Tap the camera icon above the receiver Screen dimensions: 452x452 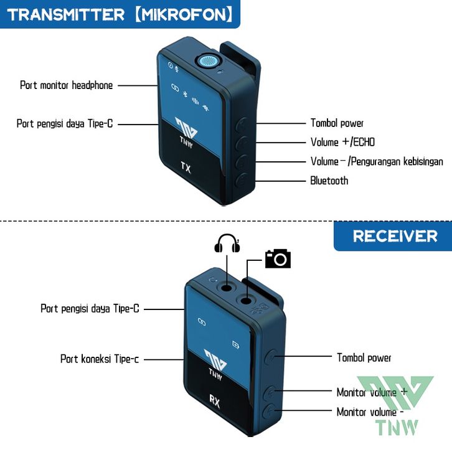(278, 257)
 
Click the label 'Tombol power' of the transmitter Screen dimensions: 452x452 (337, 123)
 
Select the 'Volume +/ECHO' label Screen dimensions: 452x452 (342, 143)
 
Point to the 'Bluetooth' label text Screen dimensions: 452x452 (329, 181)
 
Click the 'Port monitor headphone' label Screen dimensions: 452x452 (67, 85)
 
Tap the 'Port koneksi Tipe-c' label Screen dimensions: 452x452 (100, 359)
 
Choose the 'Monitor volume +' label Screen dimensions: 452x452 (372, 392)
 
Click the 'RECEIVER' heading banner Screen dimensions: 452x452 (395, 236)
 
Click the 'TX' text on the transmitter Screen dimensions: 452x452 (186, 167)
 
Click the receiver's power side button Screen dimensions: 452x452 (272, 357)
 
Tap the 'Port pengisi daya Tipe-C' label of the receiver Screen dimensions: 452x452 (90, 308)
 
